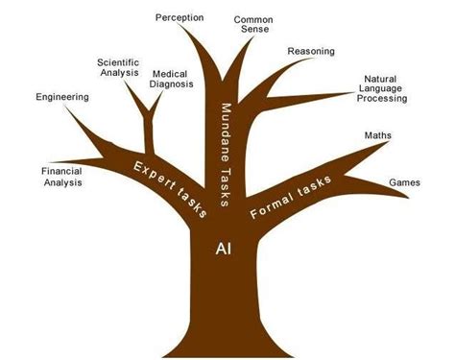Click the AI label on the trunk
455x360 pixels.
tap(223, 249)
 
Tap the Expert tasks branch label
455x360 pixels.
tap(169, 187)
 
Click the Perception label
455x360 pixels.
tap(178, 17)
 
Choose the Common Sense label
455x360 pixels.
tap(252, 24)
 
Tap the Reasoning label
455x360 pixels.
tap(310, 51)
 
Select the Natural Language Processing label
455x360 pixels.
tap(387, 87)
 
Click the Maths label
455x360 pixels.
tap(377, 135)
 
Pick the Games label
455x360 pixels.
tap(403, 181)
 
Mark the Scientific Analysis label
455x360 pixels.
tap(119, 67)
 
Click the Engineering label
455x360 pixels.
tap(62, 96)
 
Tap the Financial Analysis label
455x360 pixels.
tap(61, 176)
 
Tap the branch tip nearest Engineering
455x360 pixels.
tap(69, 109)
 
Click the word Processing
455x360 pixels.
tap(387, 98)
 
